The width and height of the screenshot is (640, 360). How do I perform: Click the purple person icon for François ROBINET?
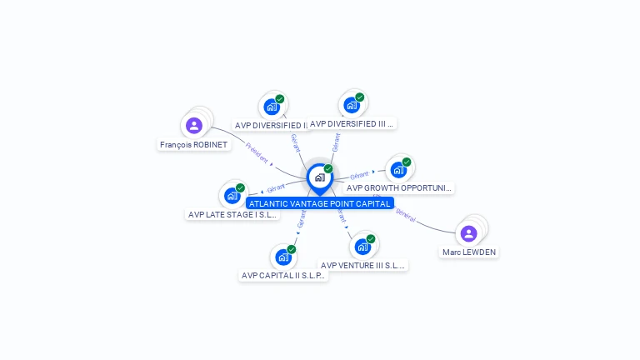194,126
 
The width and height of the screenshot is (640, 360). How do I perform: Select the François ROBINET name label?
193,144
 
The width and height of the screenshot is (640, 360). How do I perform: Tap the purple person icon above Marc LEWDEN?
468,233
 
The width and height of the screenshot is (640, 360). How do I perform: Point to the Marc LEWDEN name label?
470,252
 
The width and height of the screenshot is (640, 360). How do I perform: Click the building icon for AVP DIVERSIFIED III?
352,105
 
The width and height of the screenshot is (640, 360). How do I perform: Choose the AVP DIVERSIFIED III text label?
352,124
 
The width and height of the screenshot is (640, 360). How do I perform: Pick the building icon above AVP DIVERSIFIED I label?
271,107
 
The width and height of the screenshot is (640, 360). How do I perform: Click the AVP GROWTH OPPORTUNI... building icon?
397,169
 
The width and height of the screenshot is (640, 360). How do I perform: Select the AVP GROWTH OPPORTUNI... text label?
399,188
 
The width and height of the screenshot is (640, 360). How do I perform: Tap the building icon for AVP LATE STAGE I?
232,196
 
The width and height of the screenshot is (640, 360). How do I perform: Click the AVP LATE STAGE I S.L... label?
232,214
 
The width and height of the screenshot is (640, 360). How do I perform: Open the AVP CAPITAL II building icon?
282,257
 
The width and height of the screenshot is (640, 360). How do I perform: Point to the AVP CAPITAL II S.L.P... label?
283,275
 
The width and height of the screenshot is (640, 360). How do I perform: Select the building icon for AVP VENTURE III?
362,247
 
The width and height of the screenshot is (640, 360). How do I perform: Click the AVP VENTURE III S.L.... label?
363,266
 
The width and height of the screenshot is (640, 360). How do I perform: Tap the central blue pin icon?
319,177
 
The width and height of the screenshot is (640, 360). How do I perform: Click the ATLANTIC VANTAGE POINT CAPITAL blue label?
319,202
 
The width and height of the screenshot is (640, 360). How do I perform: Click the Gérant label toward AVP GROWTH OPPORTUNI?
359,175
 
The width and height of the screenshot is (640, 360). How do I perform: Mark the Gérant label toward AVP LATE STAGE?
276,188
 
